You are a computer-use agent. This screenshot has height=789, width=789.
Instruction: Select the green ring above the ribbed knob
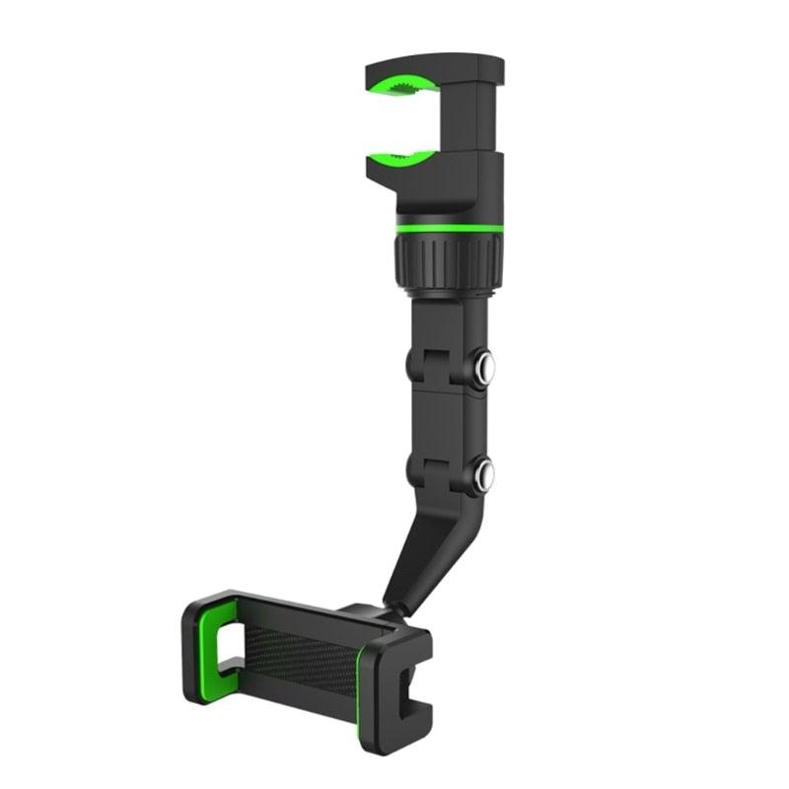point(448,230)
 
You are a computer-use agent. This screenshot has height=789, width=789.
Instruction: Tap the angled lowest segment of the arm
point(424,552)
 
